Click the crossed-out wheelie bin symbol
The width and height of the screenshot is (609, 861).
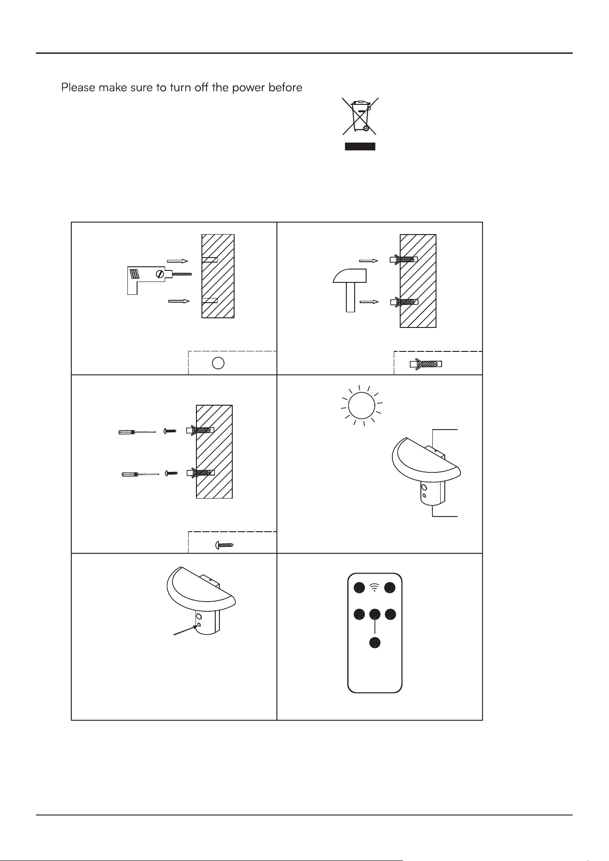point(360,116)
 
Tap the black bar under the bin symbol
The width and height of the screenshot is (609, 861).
point(360,147)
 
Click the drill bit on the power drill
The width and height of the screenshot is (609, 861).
point(181,274)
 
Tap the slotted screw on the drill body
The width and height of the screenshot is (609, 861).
point(160,274)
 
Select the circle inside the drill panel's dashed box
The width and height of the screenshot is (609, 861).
point(218,363)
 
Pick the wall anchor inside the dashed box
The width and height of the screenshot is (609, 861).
point(425,364)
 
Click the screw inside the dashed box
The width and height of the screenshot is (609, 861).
point(224,545)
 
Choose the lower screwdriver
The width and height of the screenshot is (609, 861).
point(140,474)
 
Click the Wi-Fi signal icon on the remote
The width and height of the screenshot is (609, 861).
point(374,587)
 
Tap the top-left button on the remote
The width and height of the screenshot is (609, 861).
point(359,587)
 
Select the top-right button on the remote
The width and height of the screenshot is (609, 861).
point(391,587)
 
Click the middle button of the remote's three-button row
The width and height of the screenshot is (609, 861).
point(375,614)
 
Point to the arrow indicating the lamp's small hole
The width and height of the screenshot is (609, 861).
point(185,630)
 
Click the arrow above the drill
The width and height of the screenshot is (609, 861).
point(178,261)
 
